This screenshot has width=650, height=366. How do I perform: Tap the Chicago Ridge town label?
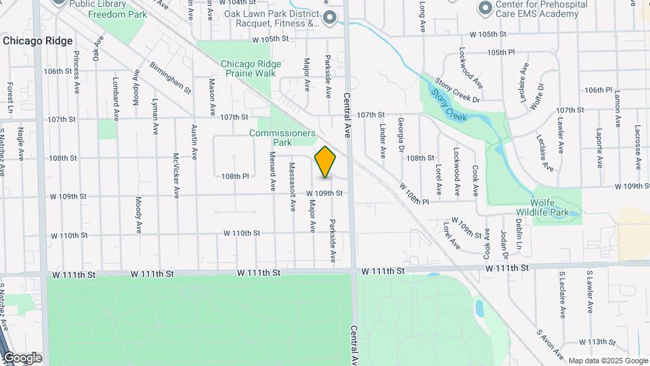[x=37, y=41]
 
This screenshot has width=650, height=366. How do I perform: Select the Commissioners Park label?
[x=282, y=138]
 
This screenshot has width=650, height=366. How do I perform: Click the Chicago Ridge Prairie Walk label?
[x=251, y=68]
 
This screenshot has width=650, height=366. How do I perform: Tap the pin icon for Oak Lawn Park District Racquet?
[x=329, y=18]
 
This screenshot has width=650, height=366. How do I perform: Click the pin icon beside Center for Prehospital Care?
[x=485, y=8]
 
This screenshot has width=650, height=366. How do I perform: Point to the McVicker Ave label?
[x=176, y=174]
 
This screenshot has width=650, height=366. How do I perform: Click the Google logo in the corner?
[x=22, y=358]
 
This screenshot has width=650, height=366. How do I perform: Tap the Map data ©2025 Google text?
[x=607, y=361]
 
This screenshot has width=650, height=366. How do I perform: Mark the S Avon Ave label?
[x=550, y=344]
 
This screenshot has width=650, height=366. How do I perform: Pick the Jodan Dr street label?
[x=504, y=245]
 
